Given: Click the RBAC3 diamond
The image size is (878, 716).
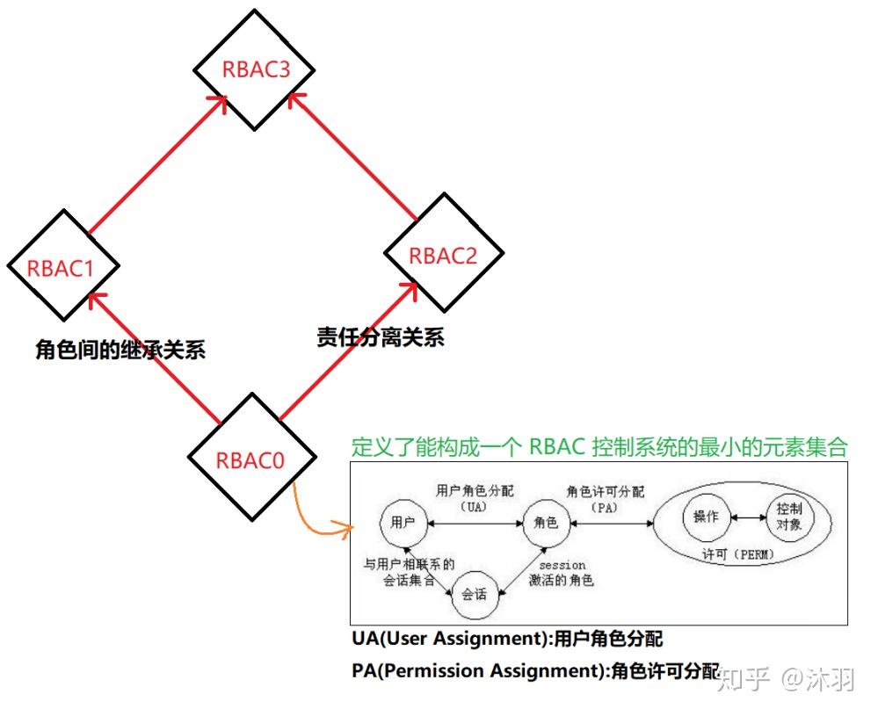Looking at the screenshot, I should (x=255, y=70).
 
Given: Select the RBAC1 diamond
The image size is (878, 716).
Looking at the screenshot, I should (x=62, y=267).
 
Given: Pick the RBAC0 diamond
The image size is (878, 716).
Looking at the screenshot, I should (x=251, y=458).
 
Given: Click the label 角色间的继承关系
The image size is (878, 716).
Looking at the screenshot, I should (x=120, y=350).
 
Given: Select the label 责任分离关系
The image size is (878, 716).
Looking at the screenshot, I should (x=381, y=336).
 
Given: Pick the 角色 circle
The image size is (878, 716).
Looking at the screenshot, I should (x=546, y=522).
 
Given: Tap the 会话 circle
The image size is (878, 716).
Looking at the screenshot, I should (x=475, y=594).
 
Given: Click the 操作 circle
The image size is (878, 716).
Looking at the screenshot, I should (x=706, y=517).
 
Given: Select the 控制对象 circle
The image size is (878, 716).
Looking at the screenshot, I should (x=788, y=517).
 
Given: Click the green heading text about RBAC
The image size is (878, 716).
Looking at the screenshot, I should (x=599, y=446).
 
